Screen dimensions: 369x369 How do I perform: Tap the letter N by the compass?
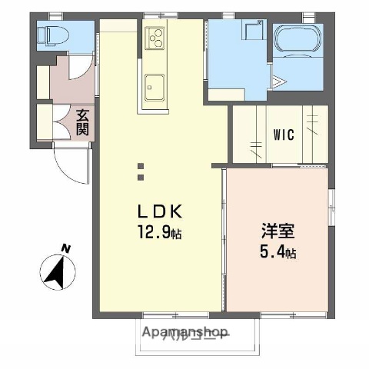pyautogui.click(x=66, y=248)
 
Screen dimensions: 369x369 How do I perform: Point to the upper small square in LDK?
pyautogui.click(x=141, y=165)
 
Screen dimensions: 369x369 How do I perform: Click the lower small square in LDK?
pyautogui.click(x=141, y=178)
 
